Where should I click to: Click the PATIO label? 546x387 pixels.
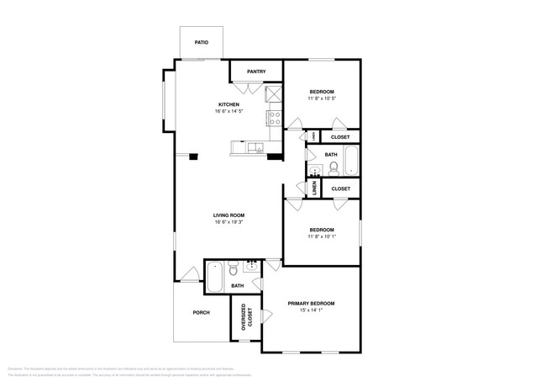(x=201, y=41)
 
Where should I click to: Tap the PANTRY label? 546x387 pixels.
(x=256, y=72)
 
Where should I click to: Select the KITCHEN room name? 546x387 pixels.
(x=228, y=104)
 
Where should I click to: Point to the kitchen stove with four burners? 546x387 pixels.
(x=274, y=118)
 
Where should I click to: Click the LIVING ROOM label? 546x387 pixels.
(x=228, y=215)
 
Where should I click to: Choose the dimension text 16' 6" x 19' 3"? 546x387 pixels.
(x=228, y=223)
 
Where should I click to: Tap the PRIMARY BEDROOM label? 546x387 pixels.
(x=312, y=303)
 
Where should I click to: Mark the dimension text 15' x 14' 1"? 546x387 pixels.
(x=312, y=310)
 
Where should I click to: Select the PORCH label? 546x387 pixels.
(x=201, y=312)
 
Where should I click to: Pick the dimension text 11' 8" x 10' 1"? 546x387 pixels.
(x=322, y=237)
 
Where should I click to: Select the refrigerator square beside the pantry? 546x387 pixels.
(x=274, y=94)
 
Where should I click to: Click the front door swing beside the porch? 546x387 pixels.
(x=190, y=272)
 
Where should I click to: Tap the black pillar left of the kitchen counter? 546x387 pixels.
(x=193, y=156)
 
